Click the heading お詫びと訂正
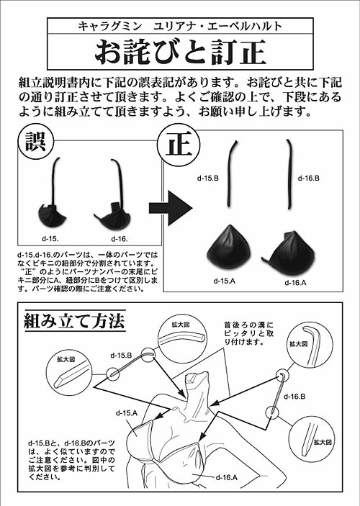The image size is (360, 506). point(180,52)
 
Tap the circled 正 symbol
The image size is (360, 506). point(179,144)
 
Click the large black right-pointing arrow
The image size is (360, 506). point(171,208)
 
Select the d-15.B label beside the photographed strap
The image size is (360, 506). point(208,178)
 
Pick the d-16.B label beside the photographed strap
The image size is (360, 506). point(309,178)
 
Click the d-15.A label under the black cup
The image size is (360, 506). point(225,281)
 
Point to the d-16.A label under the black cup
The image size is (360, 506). point(295,283)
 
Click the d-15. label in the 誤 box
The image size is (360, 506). point(50,239)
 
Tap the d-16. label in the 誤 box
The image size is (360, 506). point(120,239)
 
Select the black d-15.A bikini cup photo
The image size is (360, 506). point(228,247)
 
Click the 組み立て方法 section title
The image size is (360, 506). point(75,321)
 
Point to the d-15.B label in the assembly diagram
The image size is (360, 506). point(121,356)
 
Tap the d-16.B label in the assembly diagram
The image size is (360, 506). point(294,397)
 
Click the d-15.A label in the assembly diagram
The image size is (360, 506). point(127,412)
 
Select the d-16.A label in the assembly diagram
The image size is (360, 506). point(227,477)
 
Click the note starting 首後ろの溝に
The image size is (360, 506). point(249,333)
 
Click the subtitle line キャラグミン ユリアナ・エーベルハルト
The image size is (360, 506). point(180,26)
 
